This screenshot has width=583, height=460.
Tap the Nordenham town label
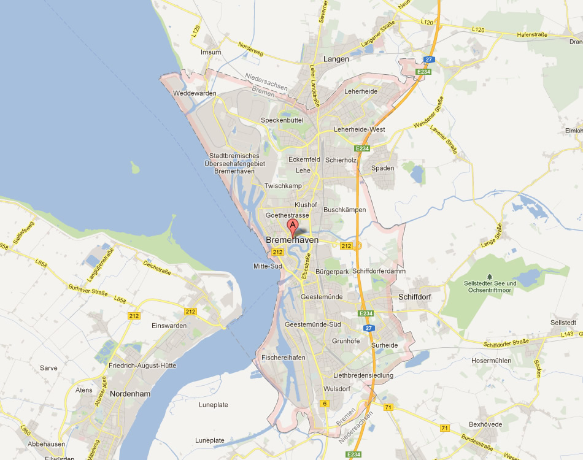coord(130,394)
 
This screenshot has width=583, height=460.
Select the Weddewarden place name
coord(195,93)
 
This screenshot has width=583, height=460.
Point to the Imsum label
coord(210,52)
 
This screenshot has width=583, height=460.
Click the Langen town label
coord(335,59)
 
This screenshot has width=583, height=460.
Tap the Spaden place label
coord(383,168)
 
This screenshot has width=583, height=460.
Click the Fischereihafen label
coord(283,358)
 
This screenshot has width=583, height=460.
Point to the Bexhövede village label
coord(485,424)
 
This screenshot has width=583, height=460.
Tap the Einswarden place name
coord(169,326)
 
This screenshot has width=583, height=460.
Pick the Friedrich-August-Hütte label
coord(142,366)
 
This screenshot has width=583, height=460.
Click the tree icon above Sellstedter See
coord(489,276)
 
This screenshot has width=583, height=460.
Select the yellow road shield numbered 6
coord(325,403)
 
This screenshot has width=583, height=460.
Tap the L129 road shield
coord(196,29)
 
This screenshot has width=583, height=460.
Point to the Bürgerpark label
coord(332,271)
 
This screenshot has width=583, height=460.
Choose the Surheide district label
coord(384,345)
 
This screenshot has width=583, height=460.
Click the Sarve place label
coord(48,368)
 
